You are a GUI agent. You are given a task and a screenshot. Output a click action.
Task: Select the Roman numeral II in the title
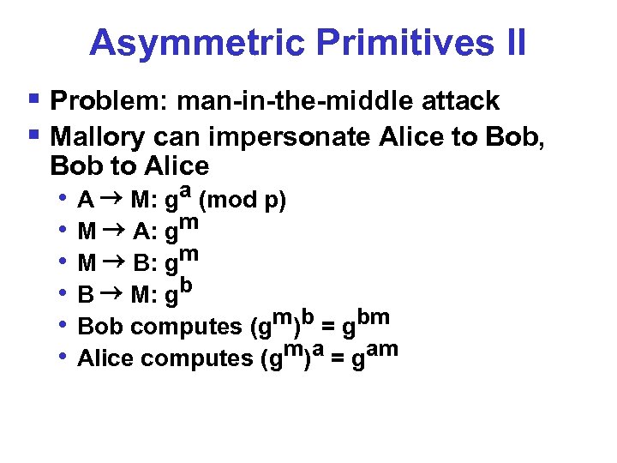[512, 43]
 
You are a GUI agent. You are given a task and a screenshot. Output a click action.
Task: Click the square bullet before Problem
[33, 100]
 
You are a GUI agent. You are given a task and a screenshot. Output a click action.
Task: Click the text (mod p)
[243, 201]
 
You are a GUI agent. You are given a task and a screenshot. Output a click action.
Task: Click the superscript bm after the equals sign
[374, 317]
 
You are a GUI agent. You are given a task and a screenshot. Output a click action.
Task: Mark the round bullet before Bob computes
[65, 326]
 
